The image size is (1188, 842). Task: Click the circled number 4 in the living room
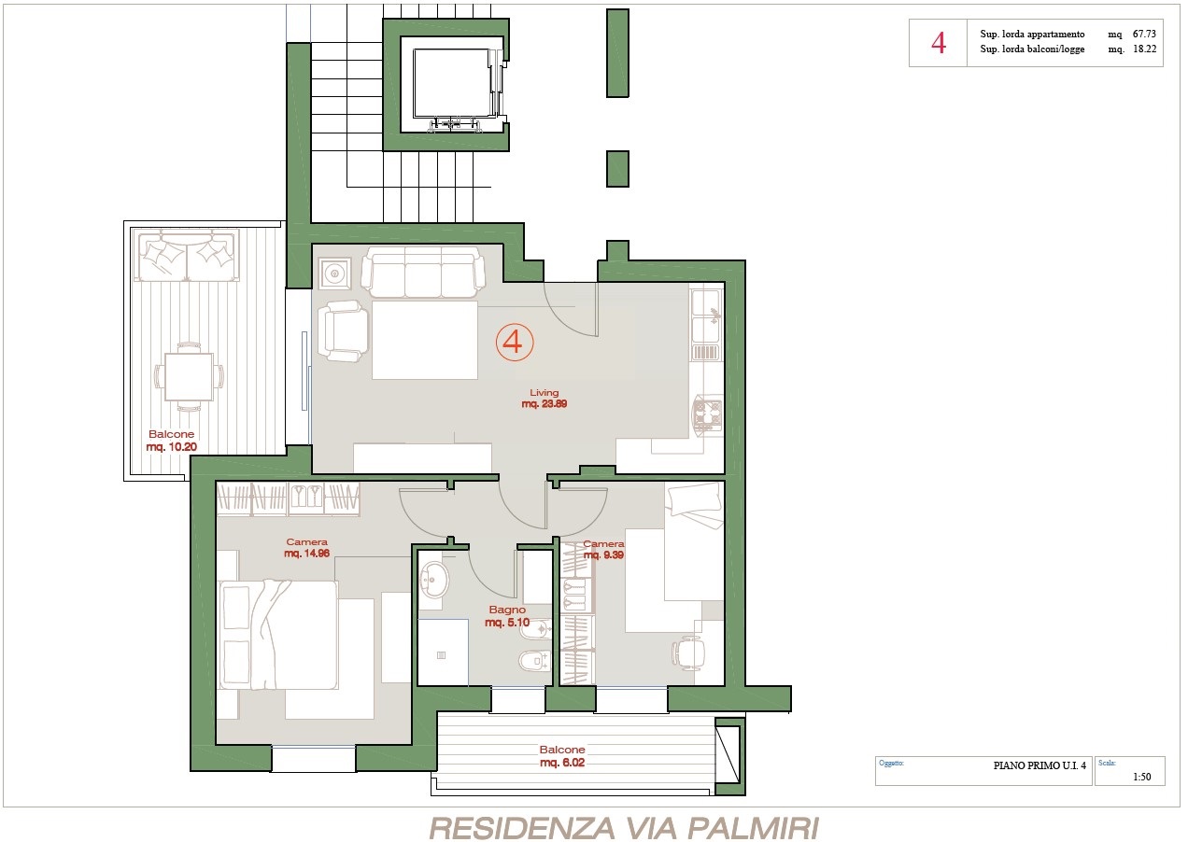click(x=515, y=342)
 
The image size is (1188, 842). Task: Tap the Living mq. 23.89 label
click(x=544, y=399)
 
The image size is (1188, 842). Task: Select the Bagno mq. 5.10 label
click(x=507, y=616)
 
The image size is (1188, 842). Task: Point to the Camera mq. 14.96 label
click(x=306, y=548)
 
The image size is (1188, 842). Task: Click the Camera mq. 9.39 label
click(x=603, y=549)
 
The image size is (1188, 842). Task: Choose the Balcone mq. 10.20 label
click(x=171, y=440)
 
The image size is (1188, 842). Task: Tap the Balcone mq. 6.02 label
click(x=562, y=756)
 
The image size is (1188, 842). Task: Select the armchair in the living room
click(x=343, y=331)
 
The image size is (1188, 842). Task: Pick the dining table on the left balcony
click(x=189, y=376)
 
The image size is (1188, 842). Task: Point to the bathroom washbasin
click(x=434, y=580)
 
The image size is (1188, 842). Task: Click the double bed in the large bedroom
click(x=278, y=635)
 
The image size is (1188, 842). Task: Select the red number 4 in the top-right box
click(x=939, y=43)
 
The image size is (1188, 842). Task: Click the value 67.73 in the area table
click(x=1144, y=34)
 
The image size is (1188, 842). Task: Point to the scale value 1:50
click(x=1142, y=777)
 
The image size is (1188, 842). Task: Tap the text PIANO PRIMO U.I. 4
click(x=1039, y=765)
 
